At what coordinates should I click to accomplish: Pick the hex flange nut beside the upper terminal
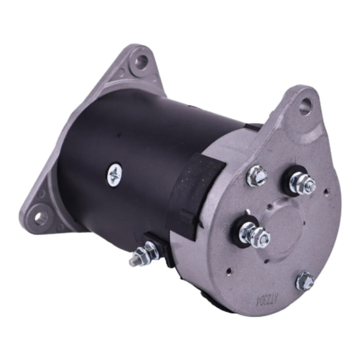(x=257, y=176)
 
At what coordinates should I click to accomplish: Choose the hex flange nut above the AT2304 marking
(x=304, y=281)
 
